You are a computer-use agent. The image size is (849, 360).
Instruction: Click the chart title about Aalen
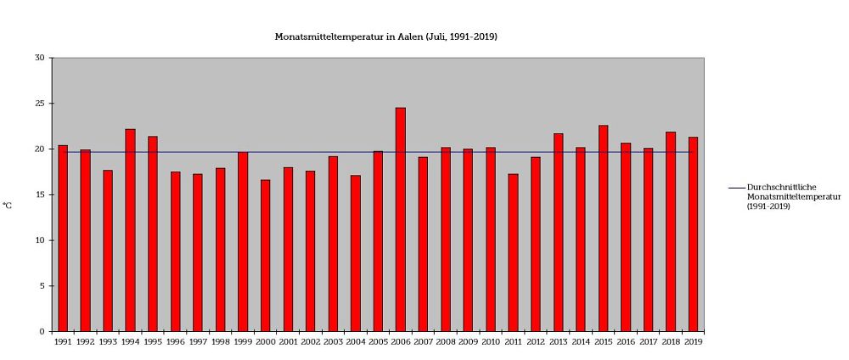[x=385, y=37]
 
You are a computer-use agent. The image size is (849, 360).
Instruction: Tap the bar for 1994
[x=130, y=230]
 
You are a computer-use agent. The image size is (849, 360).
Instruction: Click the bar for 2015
[x=603, y=228]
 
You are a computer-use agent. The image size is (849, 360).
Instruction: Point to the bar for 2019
[x=693, y=234]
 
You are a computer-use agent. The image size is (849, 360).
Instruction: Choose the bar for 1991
[x=63, y=239]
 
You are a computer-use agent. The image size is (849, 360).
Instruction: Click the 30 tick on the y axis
[x=39, y=58]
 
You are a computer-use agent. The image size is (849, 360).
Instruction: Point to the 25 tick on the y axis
[x=39, y=104]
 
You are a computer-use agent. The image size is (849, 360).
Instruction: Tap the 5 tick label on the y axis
[x=42, y=286]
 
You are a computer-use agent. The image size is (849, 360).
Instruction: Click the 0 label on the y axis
[x=42, y=332]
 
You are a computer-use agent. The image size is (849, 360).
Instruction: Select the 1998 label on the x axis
[x=220, y=342]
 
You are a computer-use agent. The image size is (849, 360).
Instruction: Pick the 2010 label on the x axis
[x=490, y=342]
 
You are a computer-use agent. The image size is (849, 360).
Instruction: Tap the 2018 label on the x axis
[x=671, y=342]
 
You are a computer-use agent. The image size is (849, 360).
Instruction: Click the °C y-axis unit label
[x=8, y=205]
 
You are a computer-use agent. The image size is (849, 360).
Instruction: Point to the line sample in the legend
[x=736, y=187]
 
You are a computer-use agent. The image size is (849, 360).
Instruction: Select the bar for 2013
[x=558, y=233]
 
